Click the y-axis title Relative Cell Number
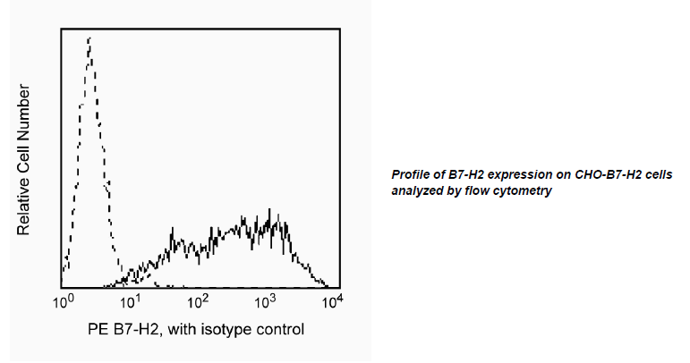tap(23, 160)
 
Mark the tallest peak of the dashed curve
tap(89, 38)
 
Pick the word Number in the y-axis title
tap(23, 112)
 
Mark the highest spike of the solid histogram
tap(269, 209)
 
